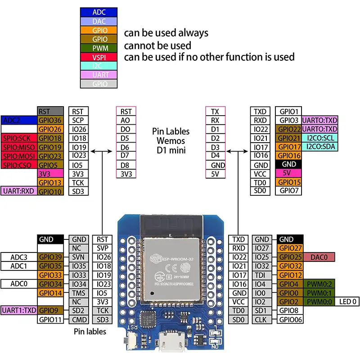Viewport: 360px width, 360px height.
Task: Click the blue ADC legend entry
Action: click(x=99, y=12)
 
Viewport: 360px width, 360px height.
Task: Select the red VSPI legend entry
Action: click(x=99, y=57)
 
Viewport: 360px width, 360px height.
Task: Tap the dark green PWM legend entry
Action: click(x=99, y=48)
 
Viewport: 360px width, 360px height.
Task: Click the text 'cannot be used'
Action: click(x=157, y=45)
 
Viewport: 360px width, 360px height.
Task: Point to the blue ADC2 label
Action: click(x=19, y=120)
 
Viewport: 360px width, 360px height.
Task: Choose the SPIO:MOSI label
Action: click(x=19, y=156)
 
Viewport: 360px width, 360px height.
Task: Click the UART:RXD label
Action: click(x=19, y=191)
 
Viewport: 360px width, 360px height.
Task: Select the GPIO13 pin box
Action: click(x=50, y=182)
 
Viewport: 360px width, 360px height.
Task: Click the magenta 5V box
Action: click(x=288, y=173)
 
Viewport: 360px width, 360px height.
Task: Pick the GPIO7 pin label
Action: click(x=288, y=191)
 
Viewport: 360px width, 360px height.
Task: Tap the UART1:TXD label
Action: click(x=19, y=310)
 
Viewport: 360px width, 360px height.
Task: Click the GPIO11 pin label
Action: click(x=50, y=319)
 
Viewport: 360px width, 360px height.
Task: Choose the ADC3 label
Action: click(x=19, y=257)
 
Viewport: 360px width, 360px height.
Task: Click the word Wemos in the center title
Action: click(x=171, y=141)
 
